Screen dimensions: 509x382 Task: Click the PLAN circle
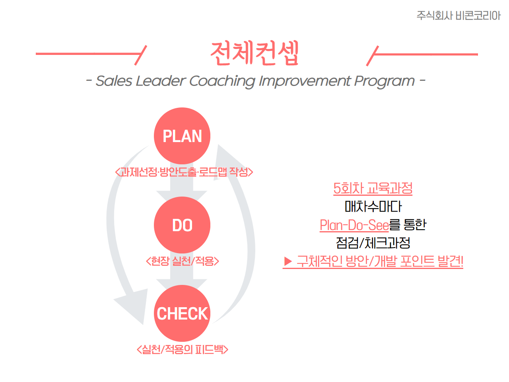pyautogui.click(x=182, y=136)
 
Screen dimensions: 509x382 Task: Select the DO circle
pyautogui.click(x=182, y=225)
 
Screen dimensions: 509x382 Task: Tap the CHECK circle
pyautogui.click(x=182, y=313)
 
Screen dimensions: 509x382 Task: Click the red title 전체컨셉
pyautogui.click(x=254, y=53)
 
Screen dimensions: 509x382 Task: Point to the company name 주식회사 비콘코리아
pyautogui.click(x=458, y=16)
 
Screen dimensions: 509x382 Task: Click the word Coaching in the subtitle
pyautogui.click(x=222, y=82)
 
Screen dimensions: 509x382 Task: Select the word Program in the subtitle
pyautogui.click(x=384, y=82)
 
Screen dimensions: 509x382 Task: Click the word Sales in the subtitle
pyautogui.click(x=114, y=81)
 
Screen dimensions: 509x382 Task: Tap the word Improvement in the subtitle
pyautogui.click(x=305, y=82)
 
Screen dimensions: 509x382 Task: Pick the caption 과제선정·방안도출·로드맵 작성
pyautogui.click(x=184, y=172)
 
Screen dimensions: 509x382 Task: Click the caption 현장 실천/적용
pyautogui.click(x=182, y=261)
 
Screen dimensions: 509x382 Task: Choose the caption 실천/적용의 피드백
pyautogui.click(x=183, y=349)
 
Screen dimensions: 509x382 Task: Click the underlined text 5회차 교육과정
pyautogui.click(x=373, y=188)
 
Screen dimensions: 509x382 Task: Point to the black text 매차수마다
pyautogui.click(x=373, y=207)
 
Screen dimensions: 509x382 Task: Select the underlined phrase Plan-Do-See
pyautogui.click(x=354, y=225)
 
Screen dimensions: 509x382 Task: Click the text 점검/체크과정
pyautogui.click(x=373, y=243)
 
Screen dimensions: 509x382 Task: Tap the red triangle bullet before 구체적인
pyautogui.click(x=288, y=261)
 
